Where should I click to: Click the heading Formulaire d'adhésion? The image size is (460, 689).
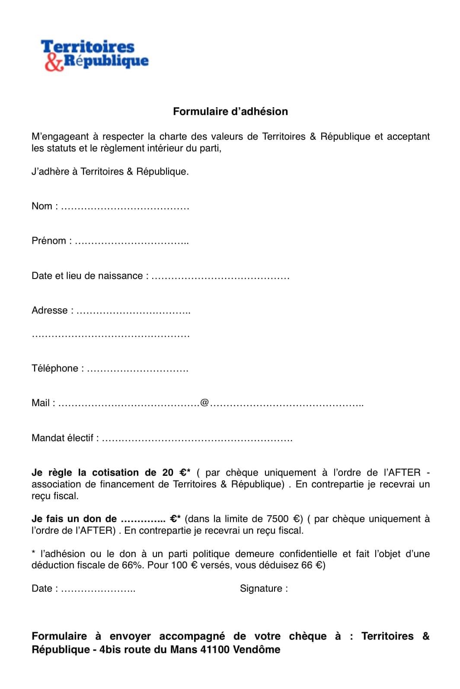[230, 112]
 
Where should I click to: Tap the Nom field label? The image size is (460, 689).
[42, 206]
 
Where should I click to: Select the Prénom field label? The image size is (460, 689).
[49, 241]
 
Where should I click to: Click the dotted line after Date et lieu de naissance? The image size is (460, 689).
[220, 276]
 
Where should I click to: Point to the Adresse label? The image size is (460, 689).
[50, 311]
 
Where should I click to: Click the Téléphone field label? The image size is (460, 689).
[55, 369]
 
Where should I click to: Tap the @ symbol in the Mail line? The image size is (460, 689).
[204, 403]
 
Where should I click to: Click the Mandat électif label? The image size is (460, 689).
[62, 438]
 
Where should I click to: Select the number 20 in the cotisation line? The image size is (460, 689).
[168, 473]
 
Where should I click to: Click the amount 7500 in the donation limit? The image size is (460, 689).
[278, 519]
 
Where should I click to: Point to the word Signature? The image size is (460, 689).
[261, 589]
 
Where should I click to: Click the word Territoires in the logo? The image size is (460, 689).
[88, 47]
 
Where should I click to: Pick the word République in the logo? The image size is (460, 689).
[106, 61]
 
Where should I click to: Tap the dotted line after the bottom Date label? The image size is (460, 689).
[98, 589]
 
